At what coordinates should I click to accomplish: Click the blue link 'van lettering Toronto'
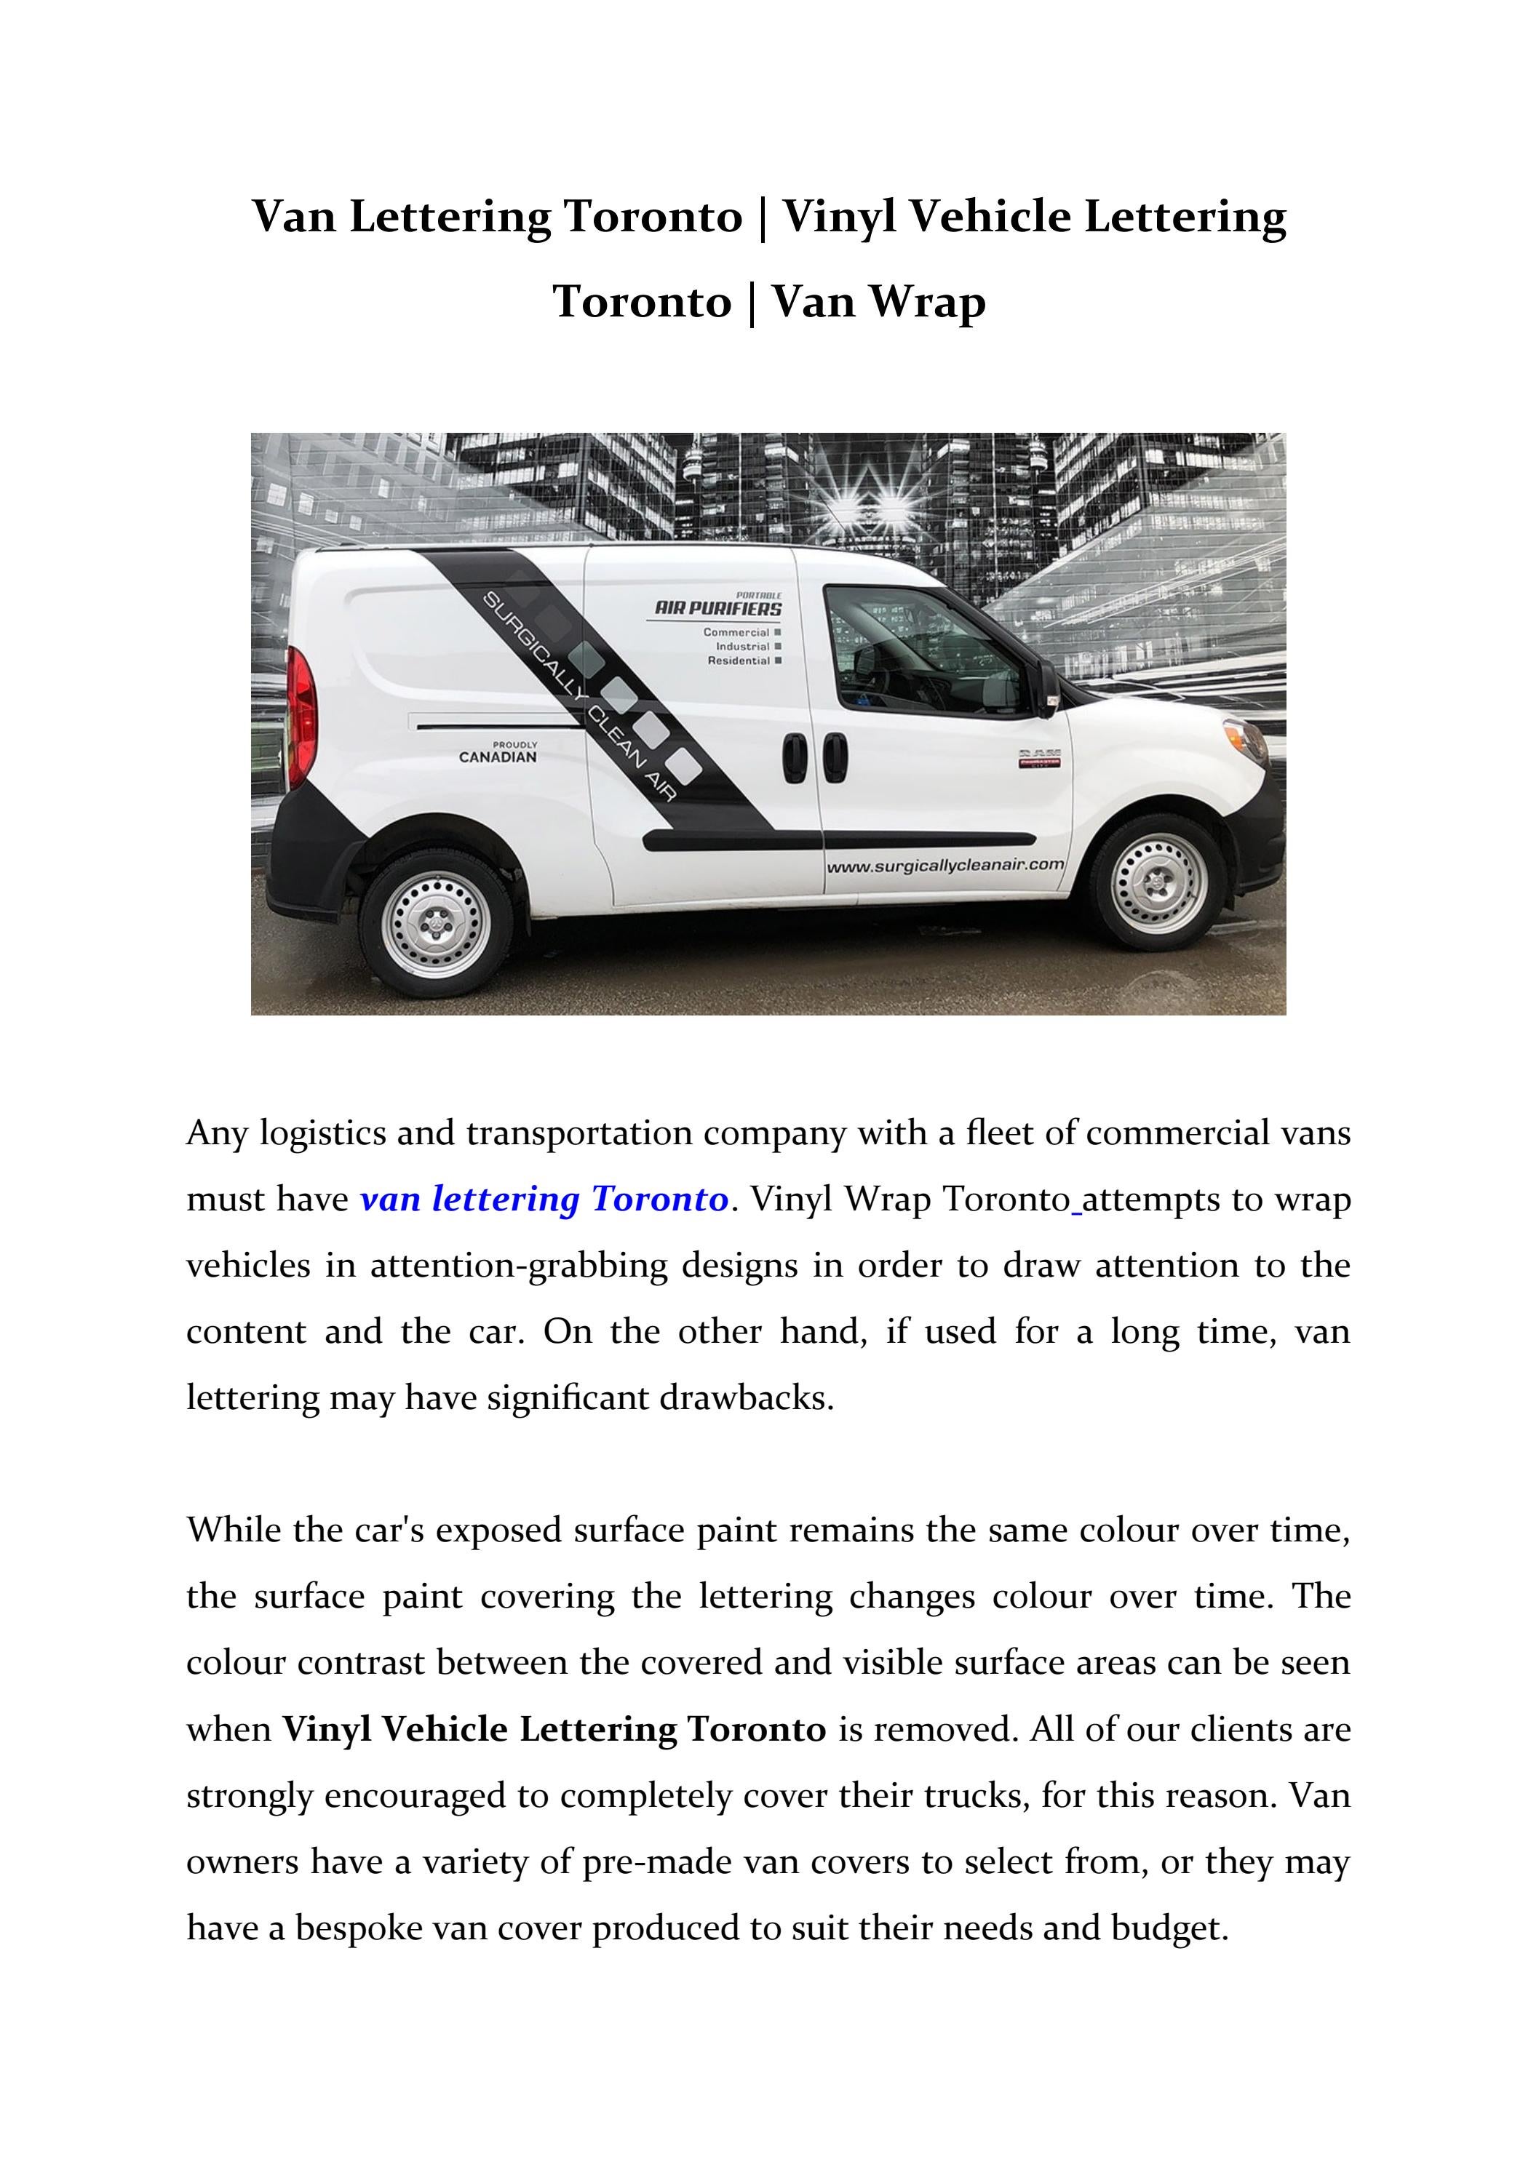point(544,1200)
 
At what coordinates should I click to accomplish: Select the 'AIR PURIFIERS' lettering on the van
point(718,608)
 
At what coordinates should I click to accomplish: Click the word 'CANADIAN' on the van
point(498,757)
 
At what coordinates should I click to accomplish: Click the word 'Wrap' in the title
point(928,302)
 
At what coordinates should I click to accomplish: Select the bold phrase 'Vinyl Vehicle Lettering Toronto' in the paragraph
point(554,1730)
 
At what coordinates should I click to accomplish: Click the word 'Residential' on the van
point(739,661)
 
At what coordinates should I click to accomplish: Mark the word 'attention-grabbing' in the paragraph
point(520,1266)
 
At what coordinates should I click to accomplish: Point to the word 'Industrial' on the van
point(742,647)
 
